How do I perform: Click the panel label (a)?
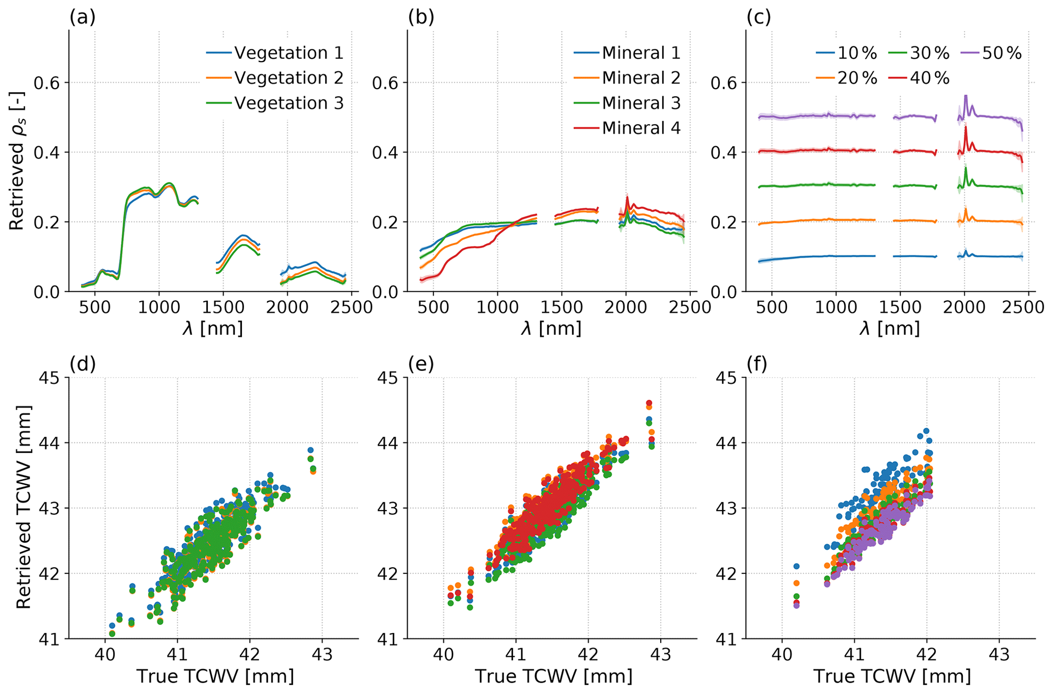83,18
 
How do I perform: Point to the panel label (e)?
421,364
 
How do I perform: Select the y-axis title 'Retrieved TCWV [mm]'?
23,507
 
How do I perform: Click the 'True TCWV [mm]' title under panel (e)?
553,677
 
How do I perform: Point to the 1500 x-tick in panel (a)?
223,308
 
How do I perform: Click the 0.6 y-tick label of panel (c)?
724,83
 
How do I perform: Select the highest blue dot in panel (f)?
926,431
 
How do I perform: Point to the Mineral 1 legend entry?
641,53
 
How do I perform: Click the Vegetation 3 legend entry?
288,103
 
